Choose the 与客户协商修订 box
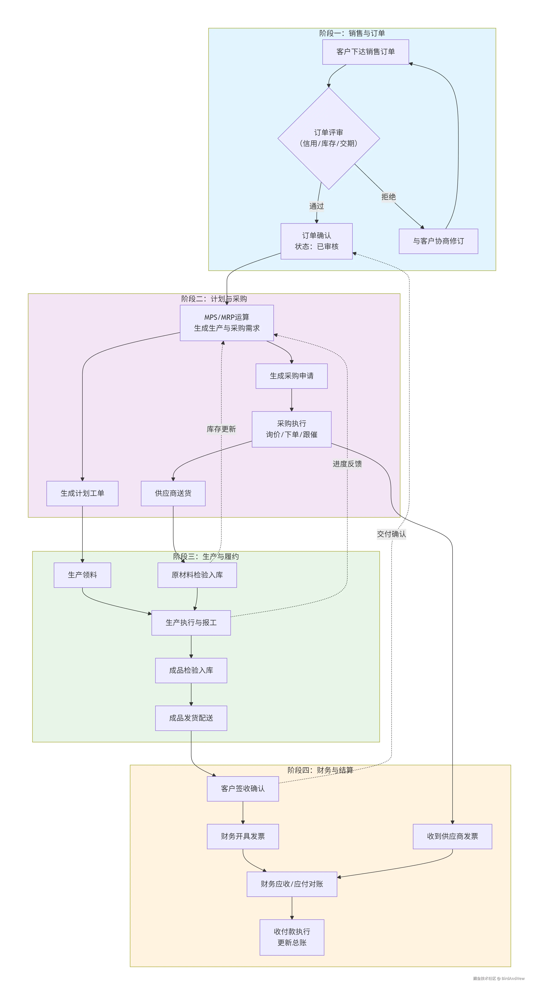coord(438,241)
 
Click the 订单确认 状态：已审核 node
coord(316,241)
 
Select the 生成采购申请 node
coord(292,376)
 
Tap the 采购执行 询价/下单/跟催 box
coord(292,429)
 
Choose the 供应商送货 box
coord(173,493)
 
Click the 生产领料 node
coord(82,575)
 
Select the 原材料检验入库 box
coord(197,575)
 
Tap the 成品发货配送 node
coord(191,718)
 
